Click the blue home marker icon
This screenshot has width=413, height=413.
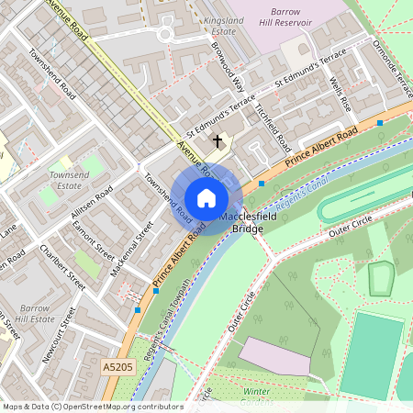pos(206,198)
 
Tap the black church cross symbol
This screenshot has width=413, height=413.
pos(218,141)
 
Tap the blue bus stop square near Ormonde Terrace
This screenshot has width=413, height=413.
pos(379,121)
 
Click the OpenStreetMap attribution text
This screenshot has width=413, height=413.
pos(92,406)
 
